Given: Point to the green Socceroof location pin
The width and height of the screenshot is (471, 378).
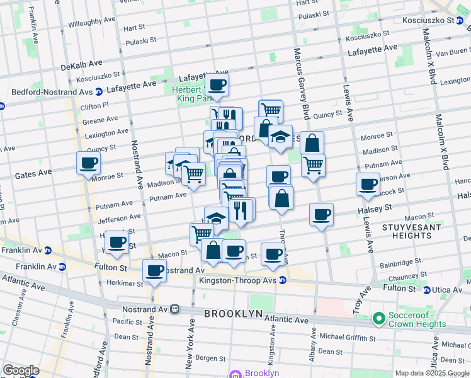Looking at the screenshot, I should click(378, 319).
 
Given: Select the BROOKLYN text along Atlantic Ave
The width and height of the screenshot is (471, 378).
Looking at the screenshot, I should click(229, 313).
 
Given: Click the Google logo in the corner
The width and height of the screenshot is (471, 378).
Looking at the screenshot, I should click(21, 370).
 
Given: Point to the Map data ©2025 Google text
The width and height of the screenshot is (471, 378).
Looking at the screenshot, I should click(432, 373).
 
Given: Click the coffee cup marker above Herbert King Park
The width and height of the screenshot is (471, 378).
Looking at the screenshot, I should click(217, 84).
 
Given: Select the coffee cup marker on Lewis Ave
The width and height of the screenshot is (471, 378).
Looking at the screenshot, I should click(368, 184).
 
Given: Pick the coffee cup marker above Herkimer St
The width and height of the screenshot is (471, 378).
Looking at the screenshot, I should click(154, 271).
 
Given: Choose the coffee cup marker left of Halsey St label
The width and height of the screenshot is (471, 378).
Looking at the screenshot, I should click(321, 214).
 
